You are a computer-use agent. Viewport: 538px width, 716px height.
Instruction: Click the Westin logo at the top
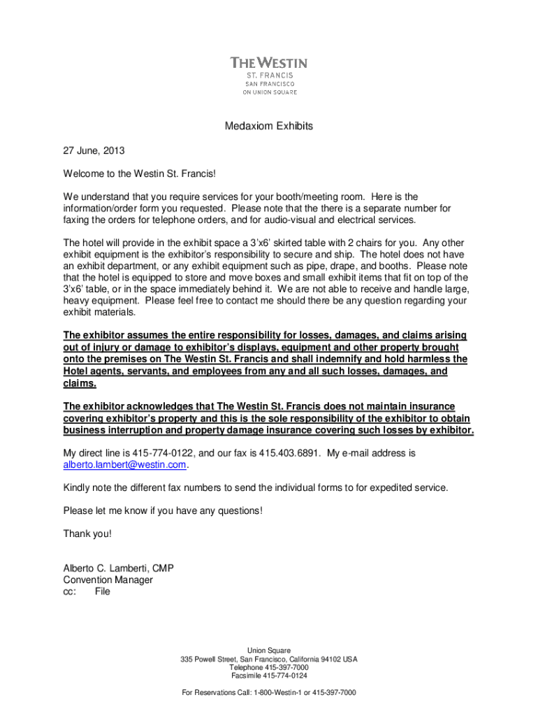tap(269, 63)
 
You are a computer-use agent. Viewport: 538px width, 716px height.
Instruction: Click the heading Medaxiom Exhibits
tap(268, 127)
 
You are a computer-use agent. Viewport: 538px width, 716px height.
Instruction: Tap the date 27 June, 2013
tap(94, 150)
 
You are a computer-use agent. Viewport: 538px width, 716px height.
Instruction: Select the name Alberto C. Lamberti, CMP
tap(118, 568)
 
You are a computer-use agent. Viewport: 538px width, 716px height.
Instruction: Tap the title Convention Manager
tap(108, 580)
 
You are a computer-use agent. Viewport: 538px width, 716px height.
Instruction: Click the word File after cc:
tap(102, 591)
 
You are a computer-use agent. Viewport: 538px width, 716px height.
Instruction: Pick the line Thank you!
tap(87, 534)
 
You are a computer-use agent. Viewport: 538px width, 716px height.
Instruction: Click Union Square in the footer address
tap(269, 650)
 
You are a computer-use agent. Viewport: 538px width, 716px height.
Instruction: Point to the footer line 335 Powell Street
tap(269, 659)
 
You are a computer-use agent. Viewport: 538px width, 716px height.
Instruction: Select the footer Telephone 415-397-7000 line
tap(269, 667)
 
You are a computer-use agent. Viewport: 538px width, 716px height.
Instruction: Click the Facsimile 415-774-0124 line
tap(269, 675)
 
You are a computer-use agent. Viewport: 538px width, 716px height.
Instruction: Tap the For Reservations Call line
tap(269, 692)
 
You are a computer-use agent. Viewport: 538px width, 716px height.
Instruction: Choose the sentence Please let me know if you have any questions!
tap(163, 510)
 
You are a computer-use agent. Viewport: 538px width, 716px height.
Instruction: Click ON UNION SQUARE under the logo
tap(269, 92)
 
